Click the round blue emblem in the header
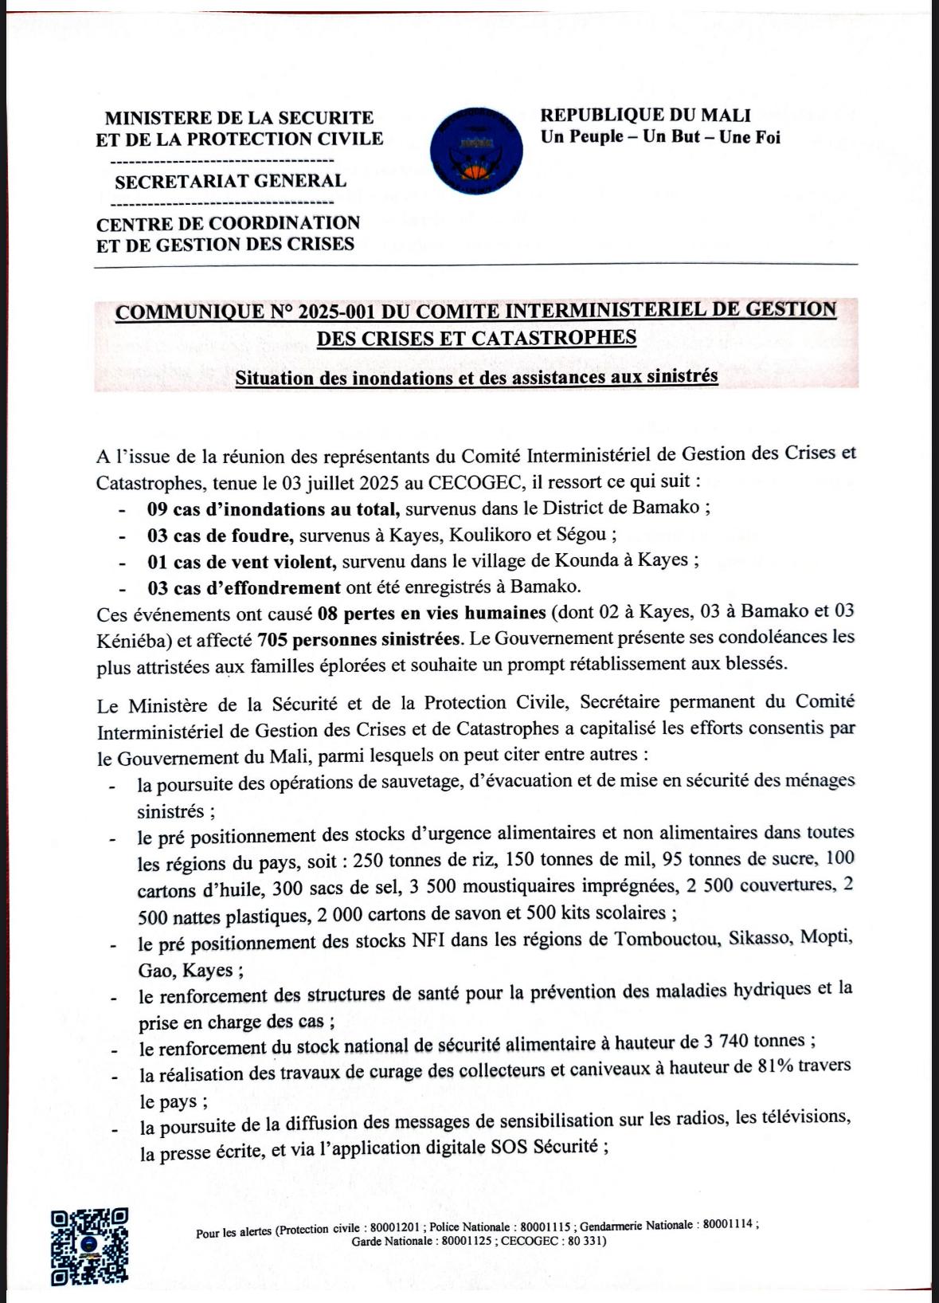(x=475, y=149)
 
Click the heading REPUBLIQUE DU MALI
(x=645, y=116)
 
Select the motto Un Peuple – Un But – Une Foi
(x=660, y=137)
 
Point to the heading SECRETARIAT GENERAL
(x=230, y=182)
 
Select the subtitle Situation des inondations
(x=476, y=377)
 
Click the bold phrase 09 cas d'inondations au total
(x=272, y=508)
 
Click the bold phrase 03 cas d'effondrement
(x=244, y=588)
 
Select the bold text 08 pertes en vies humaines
(x=431, y=613)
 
